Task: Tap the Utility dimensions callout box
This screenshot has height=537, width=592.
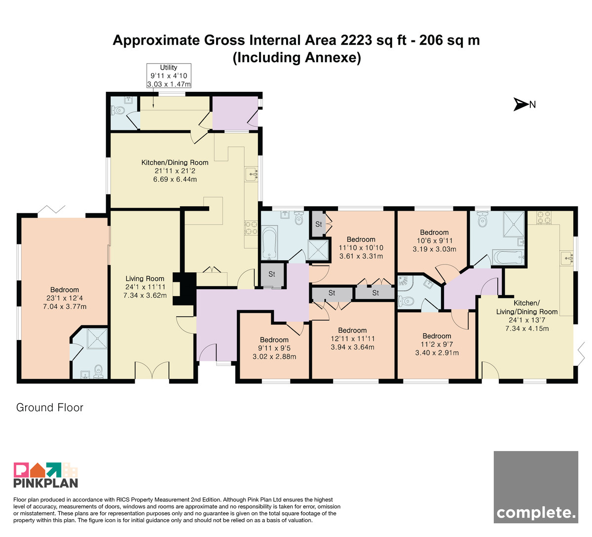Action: click(169, 76)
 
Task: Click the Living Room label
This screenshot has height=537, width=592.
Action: click(145, 278)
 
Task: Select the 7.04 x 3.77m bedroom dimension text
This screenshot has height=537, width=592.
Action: click(65, 307)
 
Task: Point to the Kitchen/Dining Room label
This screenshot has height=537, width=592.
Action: click(175, 162)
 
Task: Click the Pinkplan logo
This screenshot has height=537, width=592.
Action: click(46, 475)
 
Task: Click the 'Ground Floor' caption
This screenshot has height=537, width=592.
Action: click(49, 408)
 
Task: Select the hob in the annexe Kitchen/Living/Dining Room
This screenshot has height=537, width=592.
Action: click(544, 218)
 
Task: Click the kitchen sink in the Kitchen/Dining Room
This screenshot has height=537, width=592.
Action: click(251, 174)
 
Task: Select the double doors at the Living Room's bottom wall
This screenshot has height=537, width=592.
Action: click(152, 370)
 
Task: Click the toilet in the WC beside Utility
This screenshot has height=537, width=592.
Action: click(118, 111)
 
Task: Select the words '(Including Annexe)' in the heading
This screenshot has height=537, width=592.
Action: click(296, 57)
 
